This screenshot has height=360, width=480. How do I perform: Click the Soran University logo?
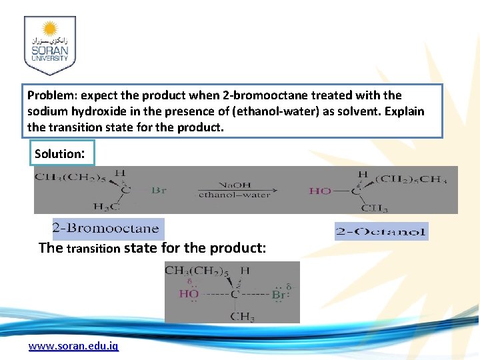pyautogui.click(x=50, y=45)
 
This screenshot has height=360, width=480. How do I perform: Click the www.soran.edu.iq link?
pyautogui.click(x=73, y=347)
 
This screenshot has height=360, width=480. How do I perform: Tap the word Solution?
pyautogui.click(x=57, y=154)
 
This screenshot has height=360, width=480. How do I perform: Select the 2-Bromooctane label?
pyautogui.click(x=107, y=229)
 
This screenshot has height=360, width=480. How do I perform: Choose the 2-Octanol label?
pyautogui.click(x=381, y=232)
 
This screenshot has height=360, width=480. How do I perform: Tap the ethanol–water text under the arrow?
pyautogui.click(x=235, y=195)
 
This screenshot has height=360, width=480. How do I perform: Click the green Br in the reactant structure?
pyautogui.click(x=159, y=191)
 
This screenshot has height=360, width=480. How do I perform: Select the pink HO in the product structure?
pyautogui.click(x=320, y=191)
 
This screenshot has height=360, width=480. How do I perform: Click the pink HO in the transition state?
pyautogui.click(x=189, y=294)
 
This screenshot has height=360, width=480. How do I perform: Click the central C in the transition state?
pyautogui.click(x=235, y=294)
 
